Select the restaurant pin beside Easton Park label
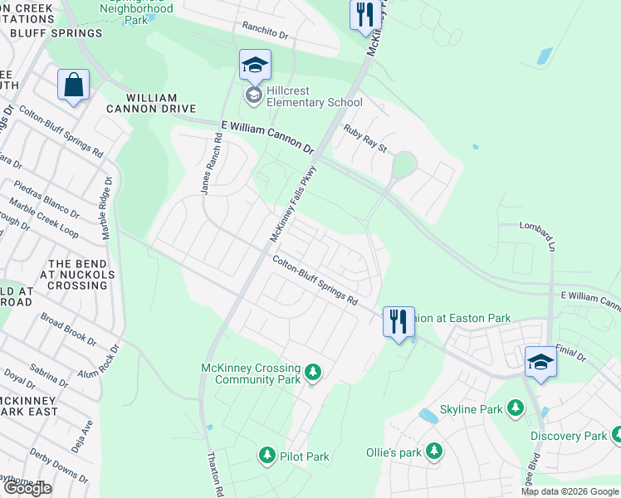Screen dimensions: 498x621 399,320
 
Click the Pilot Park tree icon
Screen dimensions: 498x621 267,455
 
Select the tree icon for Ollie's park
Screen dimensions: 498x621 433,452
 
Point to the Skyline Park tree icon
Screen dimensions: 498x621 516,408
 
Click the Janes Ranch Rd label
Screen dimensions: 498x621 208,169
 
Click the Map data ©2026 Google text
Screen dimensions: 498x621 570,491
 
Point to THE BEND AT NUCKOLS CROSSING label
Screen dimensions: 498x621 74,275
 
